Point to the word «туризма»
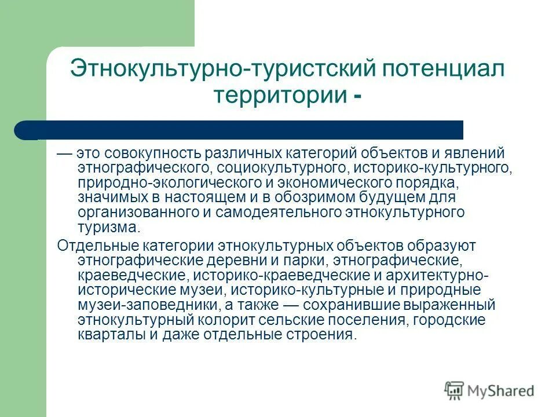(107, 226)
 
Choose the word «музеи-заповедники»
(141, 305)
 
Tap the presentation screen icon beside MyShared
(455, 391)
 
